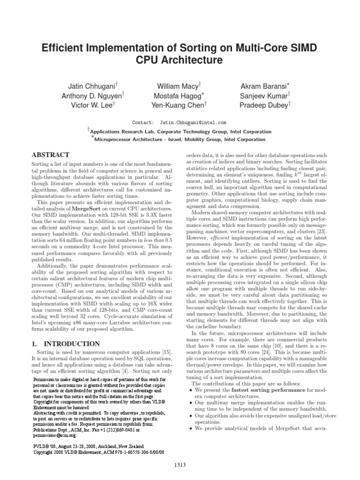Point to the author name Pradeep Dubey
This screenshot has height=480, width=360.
(263, 105)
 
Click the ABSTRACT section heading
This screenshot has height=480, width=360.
(50, 155)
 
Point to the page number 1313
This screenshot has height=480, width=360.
(180, 465)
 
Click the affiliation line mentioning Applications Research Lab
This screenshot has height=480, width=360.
(180, 132)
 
